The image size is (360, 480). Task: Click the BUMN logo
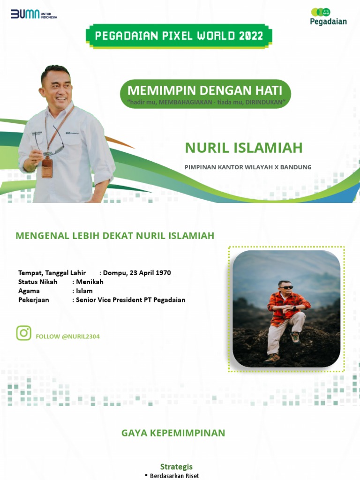tap(33, 15)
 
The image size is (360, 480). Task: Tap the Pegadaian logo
tap(328, 16)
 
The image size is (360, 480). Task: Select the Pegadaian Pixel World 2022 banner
tap(179, 36)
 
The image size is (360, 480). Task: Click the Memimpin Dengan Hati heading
tap(205, 90)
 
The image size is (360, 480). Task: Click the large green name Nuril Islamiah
tap(244, 148)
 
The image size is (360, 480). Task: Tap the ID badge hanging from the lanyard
tap(47, 167)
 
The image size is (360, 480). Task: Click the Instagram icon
tap(24, 333)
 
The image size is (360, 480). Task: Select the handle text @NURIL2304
tap(81, 337)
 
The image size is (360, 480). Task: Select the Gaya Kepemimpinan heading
tap(173, 433)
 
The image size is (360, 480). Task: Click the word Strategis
tap(176, 466)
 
